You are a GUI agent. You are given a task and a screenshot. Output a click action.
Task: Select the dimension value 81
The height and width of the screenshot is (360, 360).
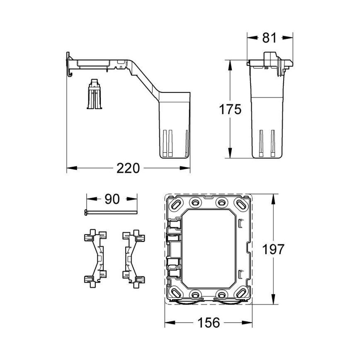(269, 38)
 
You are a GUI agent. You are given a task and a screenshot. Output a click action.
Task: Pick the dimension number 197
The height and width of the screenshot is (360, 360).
(273, 249)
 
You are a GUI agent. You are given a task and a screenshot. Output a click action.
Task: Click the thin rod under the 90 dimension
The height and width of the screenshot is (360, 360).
(111, 213)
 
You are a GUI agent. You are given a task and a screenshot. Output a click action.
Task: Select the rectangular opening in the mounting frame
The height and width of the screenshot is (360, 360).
(209, 249)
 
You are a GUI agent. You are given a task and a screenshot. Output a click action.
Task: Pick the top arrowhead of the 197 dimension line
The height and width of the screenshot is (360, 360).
(273, 197)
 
